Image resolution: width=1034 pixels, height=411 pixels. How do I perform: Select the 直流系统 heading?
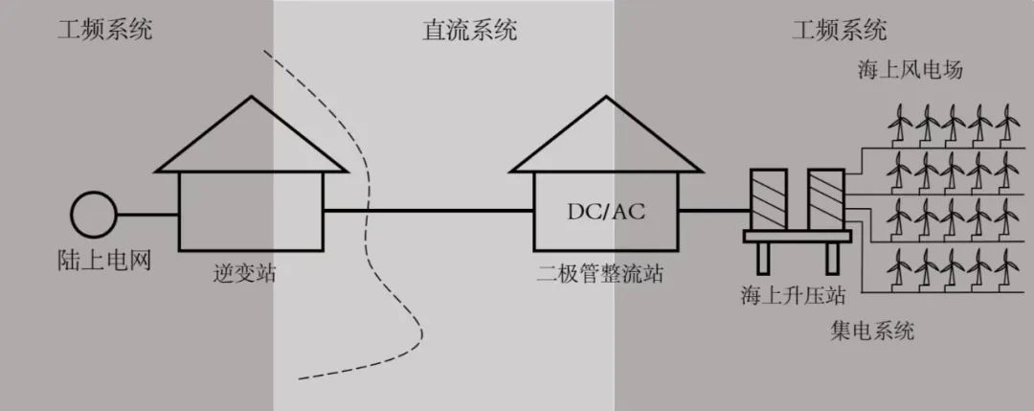pyautogui.click(x=469, y=31)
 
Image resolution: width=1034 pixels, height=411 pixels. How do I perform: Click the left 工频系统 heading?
pyautogui.click(x=104, y=30)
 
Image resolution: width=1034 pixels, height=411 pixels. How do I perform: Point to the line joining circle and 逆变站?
pyautogui.click(x=146, y=214)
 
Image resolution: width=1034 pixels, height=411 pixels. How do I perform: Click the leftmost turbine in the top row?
pyautogui.click(x=899, y=124)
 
